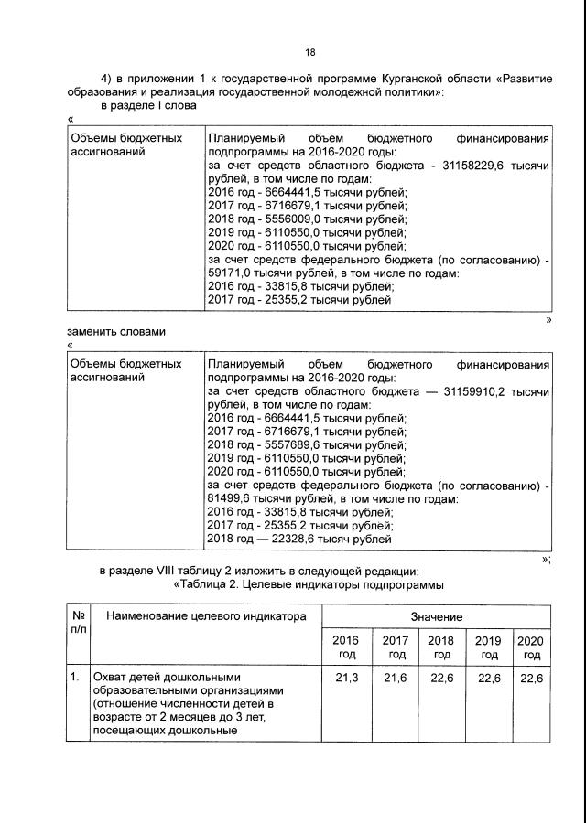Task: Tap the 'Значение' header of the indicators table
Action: (x=436, y=617)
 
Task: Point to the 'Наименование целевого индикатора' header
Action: (x=206, y=616)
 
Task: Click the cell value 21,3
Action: (x=347, y=678)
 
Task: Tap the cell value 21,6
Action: (x=396, y=678)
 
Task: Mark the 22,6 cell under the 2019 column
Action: (x=488, y=678)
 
